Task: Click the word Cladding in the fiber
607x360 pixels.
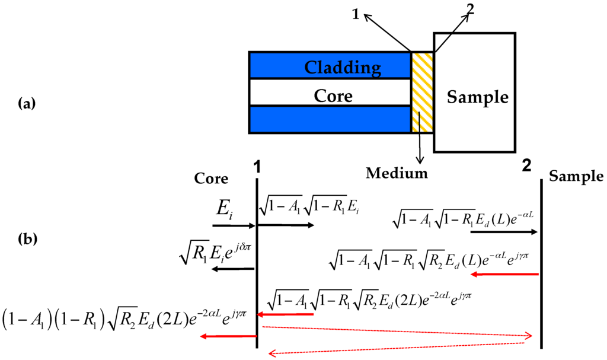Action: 343,67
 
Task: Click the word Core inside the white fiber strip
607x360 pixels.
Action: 333,95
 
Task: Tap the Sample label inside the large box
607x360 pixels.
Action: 477,97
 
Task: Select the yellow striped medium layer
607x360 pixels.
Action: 423,92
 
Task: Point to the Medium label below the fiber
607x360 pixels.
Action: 397,173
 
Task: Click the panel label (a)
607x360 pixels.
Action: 28,104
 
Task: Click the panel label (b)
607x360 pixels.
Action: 28,240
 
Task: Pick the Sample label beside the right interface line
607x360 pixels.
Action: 576,176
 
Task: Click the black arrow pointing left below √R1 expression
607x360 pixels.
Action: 234,269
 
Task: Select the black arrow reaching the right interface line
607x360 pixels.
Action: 504,232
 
